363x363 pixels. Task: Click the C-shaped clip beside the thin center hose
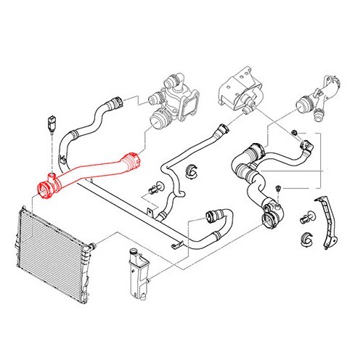coord(192,173)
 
